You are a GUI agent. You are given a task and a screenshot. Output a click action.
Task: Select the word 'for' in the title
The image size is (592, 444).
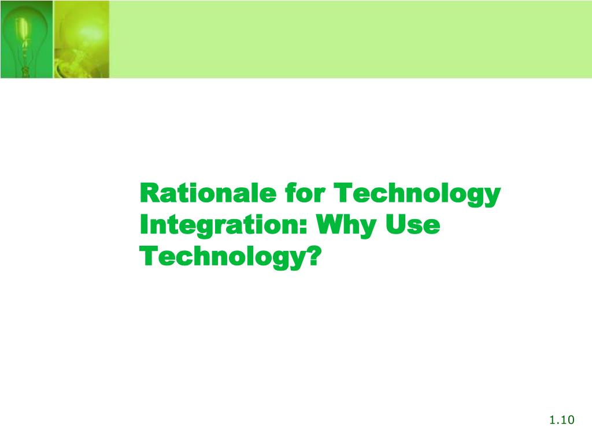304,194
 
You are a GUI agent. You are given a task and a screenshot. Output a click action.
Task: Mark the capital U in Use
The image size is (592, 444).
399,224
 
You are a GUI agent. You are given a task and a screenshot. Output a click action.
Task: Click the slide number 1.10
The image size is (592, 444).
561,420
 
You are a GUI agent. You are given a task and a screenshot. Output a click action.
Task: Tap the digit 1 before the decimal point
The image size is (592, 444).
553,420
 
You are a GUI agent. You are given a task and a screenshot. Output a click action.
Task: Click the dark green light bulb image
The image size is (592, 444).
26,39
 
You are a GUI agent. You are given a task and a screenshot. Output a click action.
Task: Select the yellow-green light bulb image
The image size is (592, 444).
81,39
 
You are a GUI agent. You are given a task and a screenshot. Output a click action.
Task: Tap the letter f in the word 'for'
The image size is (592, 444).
289,193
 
